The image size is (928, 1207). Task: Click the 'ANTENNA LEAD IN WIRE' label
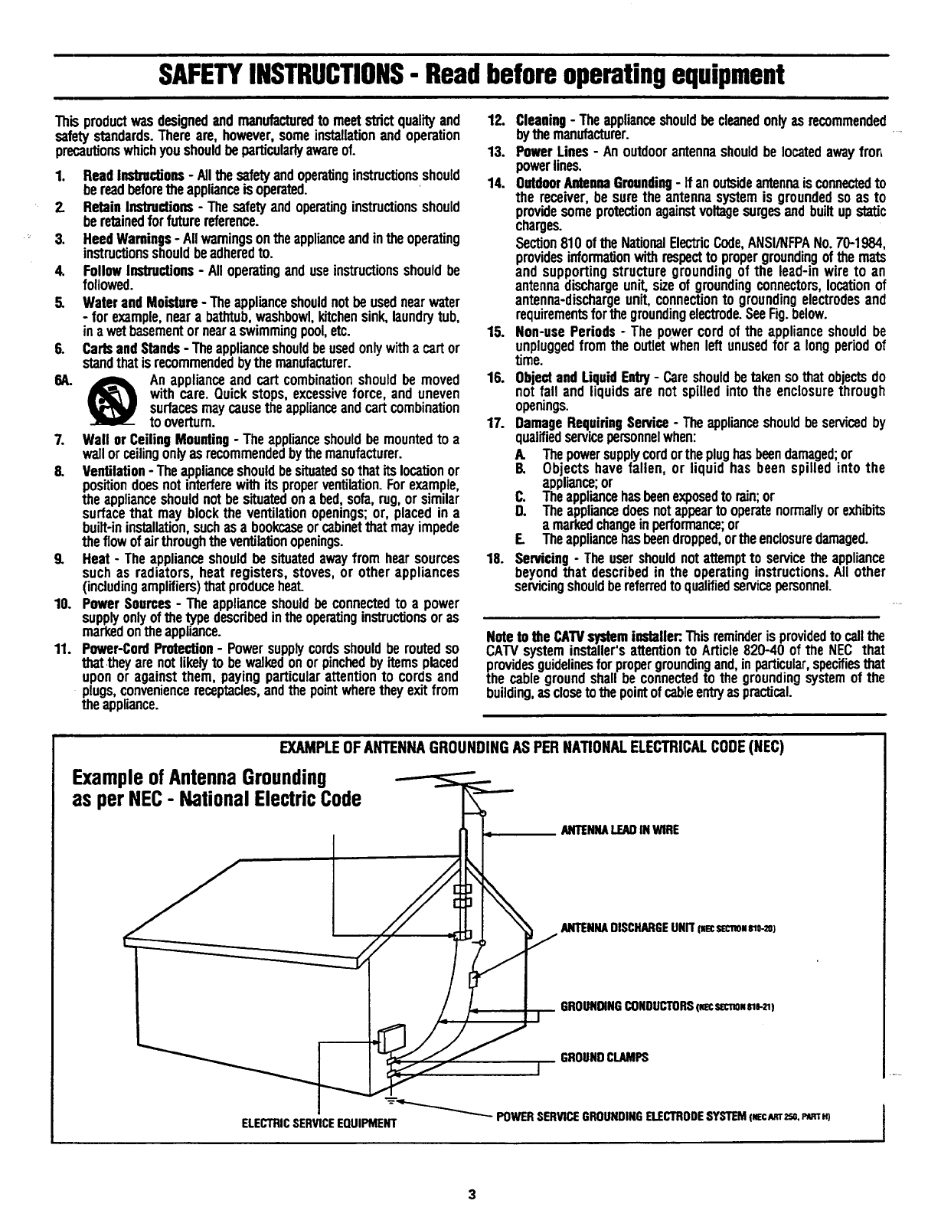tap(619, 829)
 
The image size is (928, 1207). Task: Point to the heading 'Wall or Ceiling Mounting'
tap(155, 440)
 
